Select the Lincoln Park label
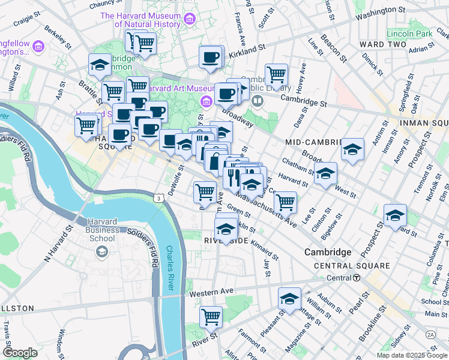click(409, 34)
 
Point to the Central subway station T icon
click(357, 278)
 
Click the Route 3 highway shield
click(157, 197)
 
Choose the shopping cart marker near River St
click(211, 316)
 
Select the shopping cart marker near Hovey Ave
click(276, 74)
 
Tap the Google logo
click(20, 353)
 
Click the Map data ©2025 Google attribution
click(411, 355)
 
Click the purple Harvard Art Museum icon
click(208, 100)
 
